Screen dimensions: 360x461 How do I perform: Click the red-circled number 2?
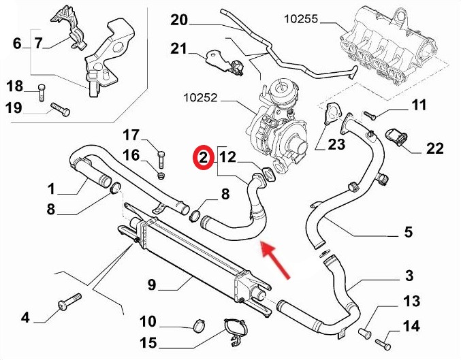point(202,158)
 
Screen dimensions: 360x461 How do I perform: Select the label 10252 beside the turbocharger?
point(203,98)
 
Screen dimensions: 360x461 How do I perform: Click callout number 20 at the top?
point(178,20)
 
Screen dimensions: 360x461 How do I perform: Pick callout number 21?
point(178,48)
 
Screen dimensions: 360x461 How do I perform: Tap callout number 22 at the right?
point(434,148)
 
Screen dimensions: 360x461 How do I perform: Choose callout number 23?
point(336,144)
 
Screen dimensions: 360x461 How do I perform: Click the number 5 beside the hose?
point(408,232)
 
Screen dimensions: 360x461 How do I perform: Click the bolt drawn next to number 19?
point(60,108)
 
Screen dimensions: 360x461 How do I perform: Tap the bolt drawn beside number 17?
point(161,159)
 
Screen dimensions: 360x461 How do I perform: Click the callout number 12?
point(227,158)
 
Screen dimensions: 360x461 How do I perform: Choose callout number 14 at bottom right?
point(411,327)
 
